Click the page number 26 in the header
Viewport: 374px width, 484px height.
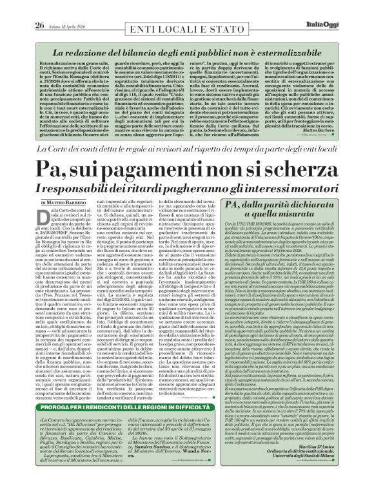tap(21, 7)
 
